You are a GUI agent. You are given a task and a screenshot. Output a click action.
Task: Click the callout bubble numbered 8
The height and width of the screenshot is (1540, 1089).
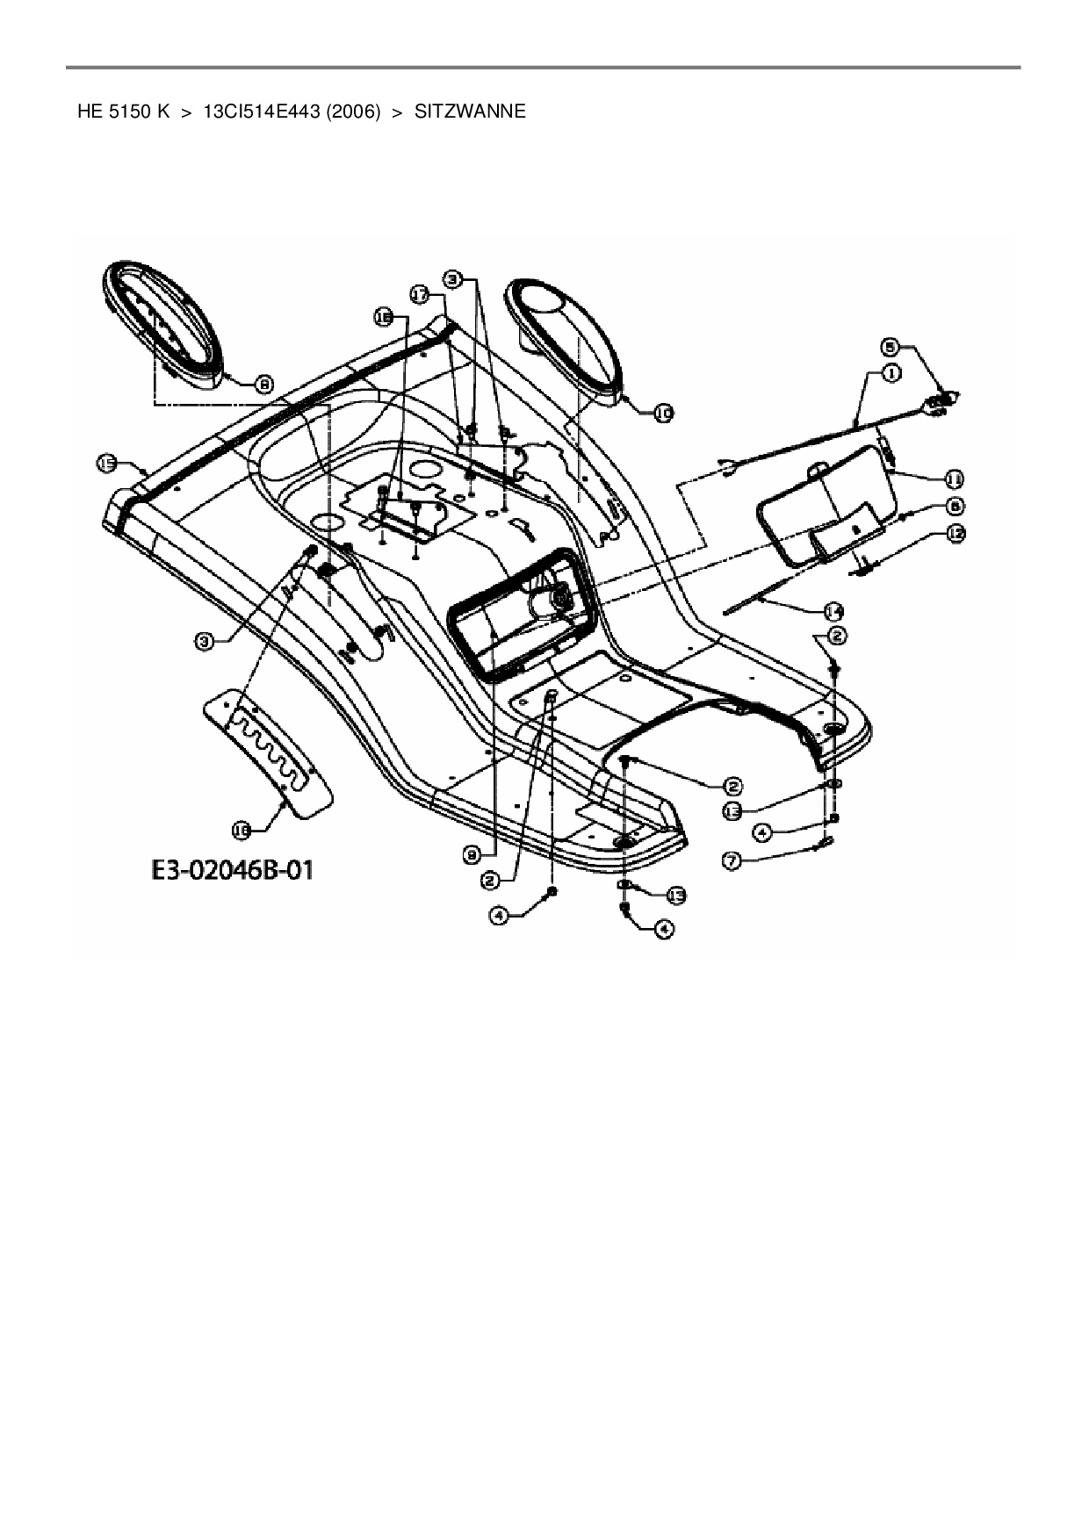(x=263, y=383)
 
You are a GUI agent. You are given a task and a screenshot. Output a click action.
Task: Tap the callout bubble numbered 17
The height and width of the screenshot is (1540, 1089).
(x=421, y=297)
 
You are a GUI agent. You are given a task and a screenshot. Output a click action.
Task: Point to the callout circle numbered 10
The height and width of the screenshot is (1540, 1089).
(x=664, y=411)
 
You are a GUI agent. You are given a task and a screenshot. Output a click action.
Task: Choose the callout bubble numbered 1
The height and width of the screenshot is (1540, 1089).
(x=891, y=373)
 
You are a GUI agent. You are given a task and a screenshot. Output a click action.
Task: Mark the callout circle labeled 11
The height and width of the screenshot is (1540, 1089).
(x=954, y=479)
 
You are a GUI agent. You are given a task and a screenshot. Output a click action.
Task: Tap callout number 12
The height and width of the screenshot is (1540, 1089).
(x=956, y=532)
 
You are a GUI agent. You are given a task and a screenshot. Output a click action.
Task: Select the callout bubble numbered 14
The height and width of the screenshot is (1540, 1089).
(x=833, y=610)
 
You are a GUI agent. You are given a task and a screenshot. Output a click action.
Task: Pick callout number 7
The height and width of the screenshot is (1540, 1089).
(x=731, y=861)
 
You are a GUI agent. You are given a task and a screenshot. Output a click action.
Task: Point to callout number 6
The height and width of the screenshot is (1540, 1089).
(x=956, y=505)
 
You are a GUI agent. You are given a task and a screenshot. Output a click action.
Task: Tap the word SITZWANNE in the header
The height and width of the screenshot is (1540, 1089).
(x=470, y=112)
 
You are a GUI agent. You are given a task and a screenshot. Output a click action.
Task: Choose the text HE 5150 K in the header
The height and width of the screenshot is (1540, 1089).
(x=123, y=112)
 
